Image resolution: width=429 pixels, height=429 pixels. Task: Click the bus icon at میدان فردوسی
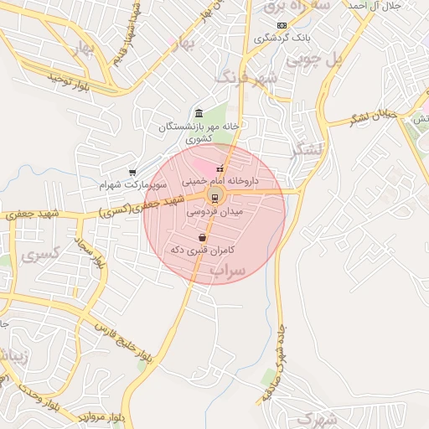pyautogui.click(x=214, y=198)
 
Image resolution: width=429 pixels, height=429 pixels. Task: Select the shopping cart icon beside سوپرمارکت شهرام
pyautogui.click(x=132, y=173)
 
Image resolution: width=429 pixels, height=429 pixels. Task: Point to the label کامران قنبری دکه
pyautogui.click(x=201, y=250)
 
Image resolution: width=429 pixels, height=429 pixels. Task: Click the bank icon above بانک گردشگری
pyautogui.click(x=282, y=26)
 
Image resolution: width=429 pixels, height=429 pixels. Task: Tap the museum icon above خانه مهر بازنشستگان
pyautogui.click(x=199, y=113)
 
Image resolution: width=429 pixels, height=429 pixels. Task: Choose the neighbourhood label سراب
pyautogui.click(x=227, y=271)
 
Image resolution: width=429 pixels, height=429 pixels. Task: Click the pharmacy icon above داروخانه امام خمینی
pyautogui.click(x=220, y=170)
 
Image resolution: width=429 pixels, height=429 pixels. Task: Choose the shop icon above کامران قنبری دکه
pyautogui.click(x=203, y=238)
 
